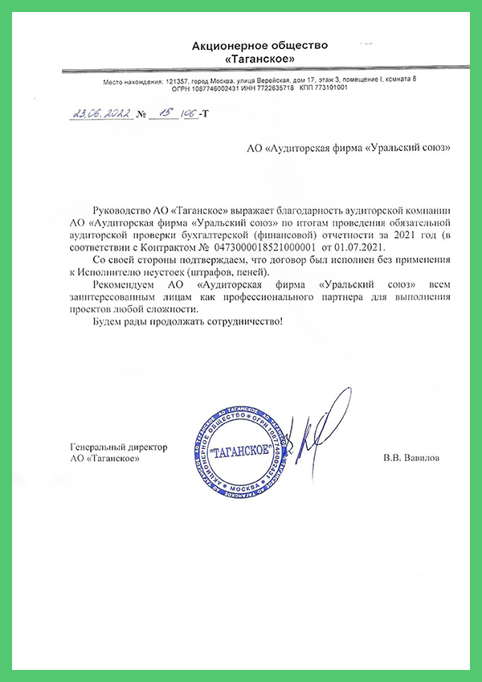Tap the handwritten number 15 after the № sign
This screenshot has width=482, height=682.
click(x=166, y=113)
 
